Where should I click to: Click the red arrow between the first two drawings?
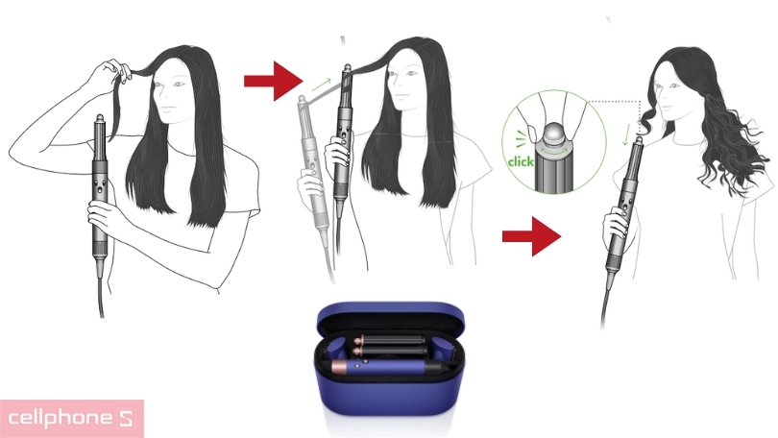[x=274, y=81]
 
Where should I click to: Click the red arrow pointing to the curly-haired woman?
[x=532, y=236]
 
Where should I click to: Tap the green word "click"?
[x=521, y=161]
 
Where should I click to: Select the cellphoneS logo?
[x=72, y=419]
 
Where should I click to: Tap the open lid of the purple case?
[x=391, y=319]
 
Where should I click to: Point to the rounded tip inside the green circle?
[x=554, y=134]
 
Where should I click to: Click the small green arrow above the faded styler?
[x=321, y=85]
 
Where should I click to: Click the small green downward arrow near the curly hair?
[x=626, y=134]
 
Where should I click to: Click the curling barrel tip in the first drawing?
[x=100, y=118]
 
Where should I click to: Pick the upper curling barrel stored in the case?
[x=391, y=341]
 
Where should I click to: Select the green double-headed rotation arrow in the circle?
[x=554, y=149]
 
